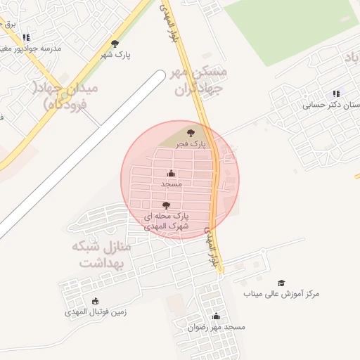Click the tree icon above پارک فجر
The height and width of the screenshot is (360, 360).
191,132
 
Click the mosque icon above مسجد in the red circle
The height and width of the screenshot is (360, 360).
172,173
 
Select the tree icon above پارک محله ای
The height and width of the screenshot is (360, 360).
166,205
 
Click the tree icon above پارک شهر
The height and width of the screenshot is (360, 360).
115,44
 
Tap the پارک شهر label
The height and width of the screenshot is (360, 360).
115,54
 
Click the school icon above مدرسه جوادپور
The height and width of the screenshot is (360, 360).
26,37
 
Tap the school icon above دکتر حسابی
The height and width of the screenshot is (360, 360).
336,94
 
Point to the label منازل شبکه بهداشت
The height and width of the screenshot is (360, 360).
102,255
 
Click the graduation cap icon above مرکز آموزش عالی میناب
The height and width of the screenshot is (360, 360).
281,283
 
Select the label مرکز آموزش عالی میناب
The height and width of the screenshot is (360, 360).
281,293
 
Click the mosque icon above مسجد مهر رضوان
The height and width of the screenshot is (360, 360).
216,316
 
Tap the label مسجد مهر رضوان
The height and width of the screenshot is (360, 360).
216,327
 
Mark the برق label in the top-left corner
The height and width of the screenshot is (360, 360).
10,24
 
